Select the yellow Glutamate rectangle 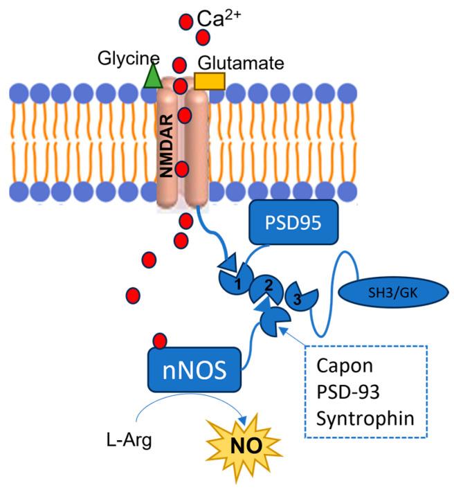pos(210,82)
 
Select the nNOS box pos(197,367)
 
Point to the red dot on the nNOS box pos(161,341)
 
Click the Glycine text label pos(129,58)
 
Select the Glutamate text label pos(241,64)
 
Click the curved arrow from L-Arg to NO pos(187,408)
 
